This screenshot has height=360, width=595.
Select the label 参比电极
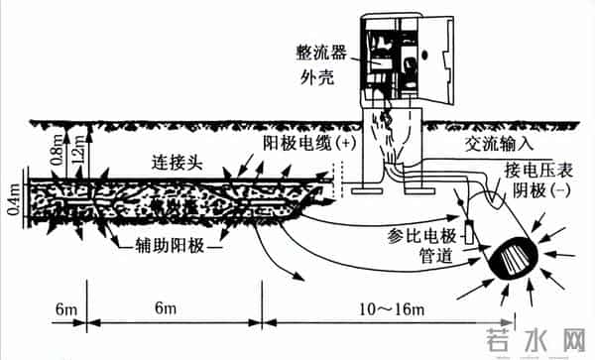click(419, 239)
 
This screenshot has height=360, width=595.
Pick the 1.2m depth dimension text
click(76, 149)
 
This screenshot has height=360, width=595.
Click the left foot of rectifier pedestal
click(366, 184)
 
